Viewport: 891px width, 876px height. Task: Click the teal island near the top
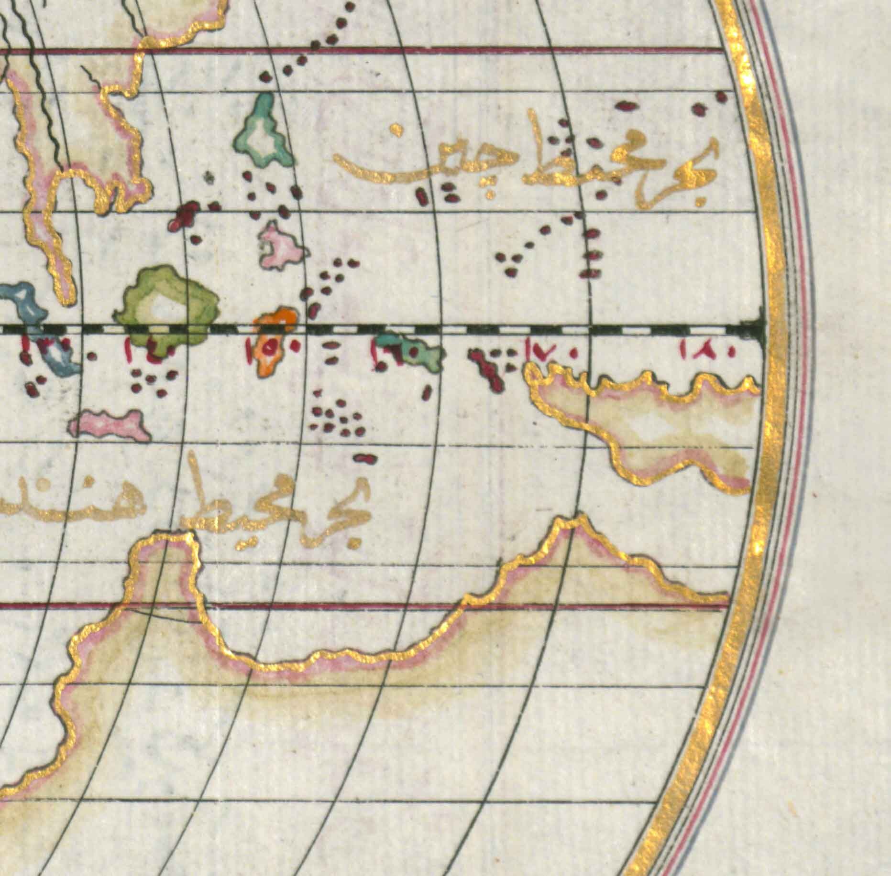(x=262, y=131)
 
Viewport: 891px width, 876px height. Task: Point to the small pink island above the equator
(x=280, y=246)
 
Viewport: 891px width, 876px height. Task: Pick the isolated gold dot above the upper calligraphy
(x=396, y=129)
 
